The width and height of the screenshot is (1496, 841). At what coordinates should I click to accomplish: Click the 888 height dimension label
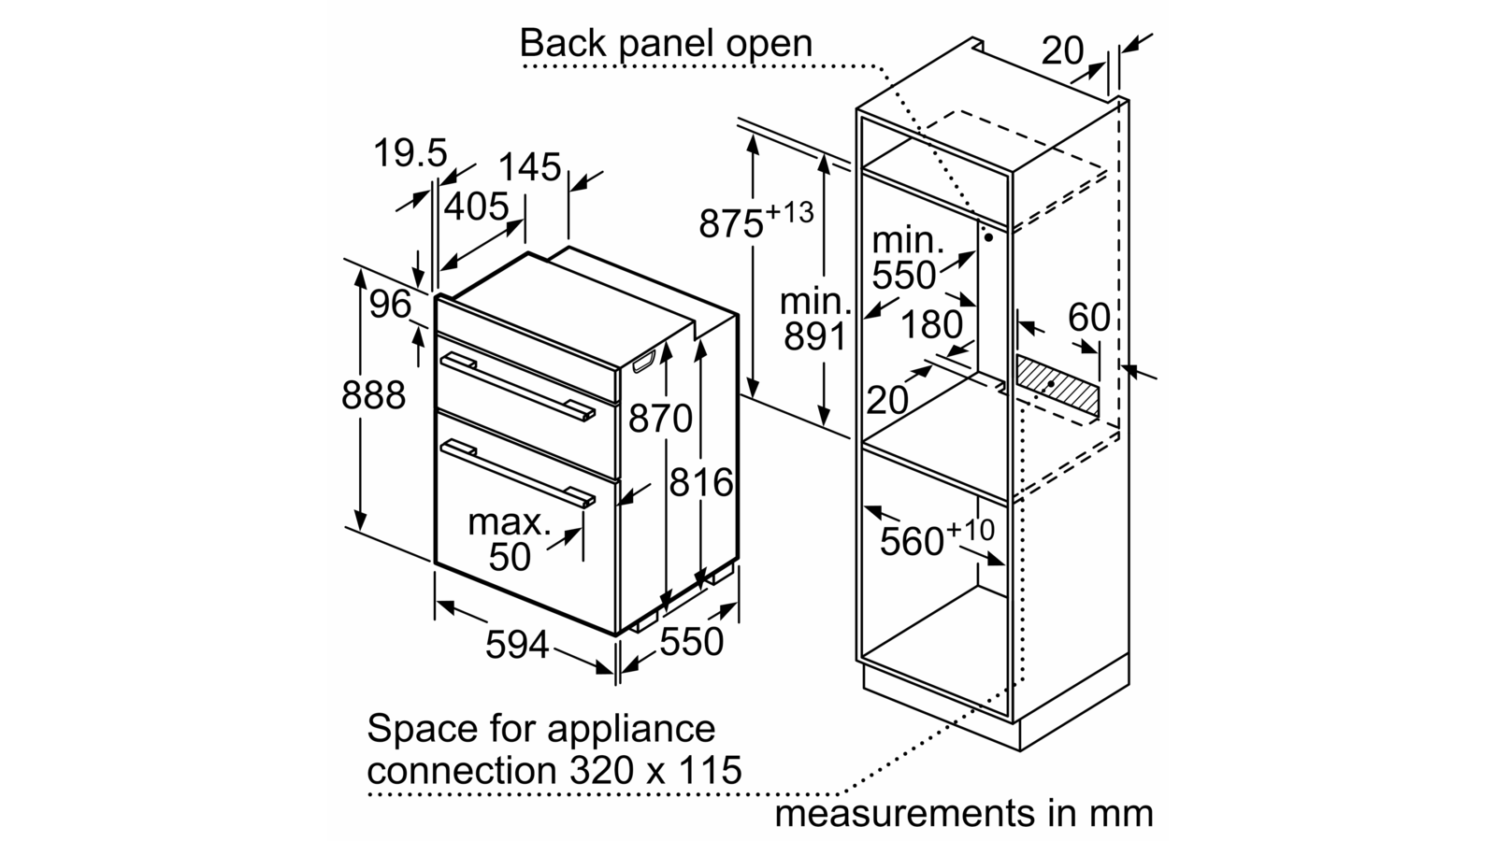click(374, 395)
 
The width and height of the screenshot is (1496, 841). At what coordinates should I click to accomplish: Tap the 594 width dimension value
click(517, 644)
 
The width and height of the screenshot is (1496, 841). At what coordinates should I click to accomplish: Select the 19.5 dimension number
click(410, 153)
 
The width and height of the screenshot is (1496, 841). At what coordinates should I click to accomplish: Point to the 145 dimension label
click(529, 167)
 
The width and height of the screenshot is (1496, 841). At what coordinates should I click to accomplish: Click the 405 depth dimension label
click(476, 207)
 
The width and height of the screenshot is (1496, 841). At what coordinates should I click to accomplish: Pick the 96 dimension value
click(390, 304)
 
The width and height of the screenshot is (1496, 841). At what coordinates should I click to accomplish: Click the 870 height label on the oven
click(660, 419)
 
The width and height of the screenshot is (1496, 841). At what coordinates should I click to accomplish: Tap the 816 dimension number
click(701, 482)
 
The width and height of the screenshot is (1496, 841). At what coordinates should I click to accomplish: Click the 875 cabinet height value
click(732, 224)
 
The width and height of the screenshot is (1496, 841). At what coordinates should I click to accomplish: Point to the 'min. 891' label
click(816, 319)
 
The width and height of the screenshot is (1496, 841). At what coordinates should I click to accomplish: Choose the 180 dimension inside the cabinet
click(931, 324)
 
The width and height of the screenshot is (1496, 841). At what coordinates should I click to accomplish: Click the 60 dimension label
click(1089, 318)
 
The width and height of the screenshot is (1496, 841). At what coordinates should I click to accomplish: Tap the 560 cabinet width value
click(912, 541)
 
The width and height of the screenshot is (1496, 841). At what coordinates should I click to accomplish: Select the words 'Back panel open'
click(666, 43)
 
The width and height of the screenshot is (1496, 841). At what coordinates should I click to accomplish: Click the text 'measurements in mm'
click(963, 813)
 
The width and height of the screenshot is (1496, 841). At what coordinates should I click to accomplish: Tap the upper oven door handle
click(517, 384)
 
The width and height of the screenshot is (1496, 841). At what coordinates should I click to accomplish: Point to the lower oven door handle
click(517, 472)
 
